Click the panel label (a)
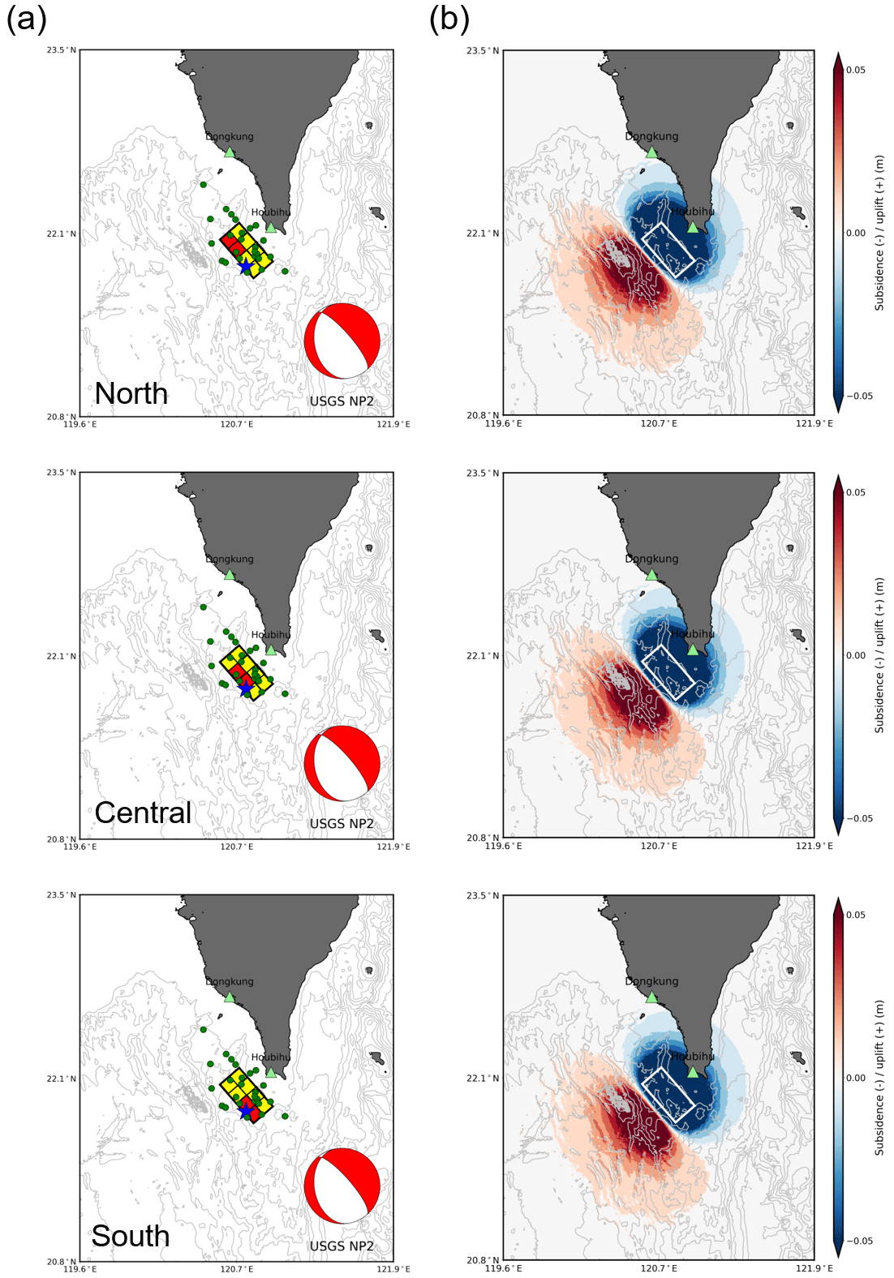(x=27, y=19)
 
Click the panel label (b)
(x=449, y=19)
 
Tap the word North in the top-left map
(x=131, y=393)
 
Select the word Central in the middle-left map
(x=143, y=813)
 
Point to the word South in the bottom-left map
(x=130, y=1236)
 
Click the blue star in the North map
(x=245, y=265)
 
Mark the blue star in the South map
(x=246, y=1109)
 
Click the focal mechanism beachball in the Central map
(x=342, y=763)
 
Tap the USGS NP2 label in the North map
(x=342, y=401)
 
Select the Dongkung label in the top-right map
(x=651, y=136)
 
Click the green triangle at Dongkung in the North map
(x=230, y=152)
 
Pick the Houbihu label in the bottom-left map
(x=270, y=1057)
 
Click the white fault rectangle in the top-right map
(x=668, y=249)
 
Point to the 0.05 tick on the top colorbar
(x=855, y=70)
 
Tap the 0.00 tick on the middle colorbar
(x=856, y=655)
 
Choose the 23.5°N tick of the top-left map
(x=62, y=50)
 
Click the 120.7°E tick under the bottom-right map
(x=658, y=1268)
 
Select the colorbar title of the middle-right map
(x=879, y=655)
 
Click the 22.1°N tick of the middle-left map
(x=62, y=656)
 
